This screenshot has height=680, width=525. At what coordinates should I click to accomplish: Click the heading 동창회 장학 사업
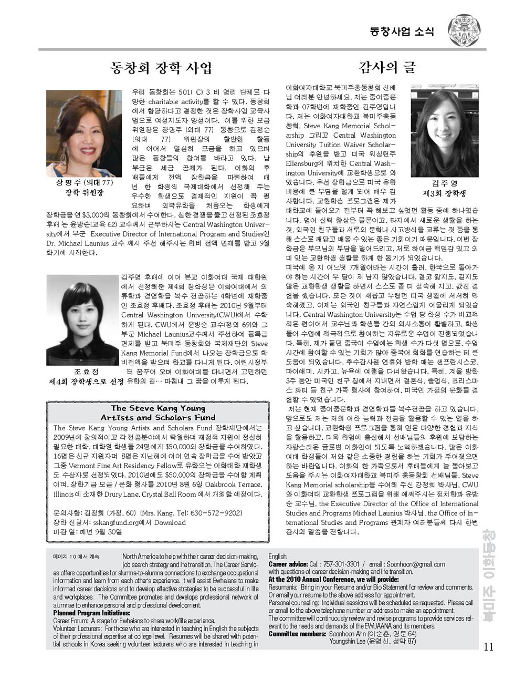[161, 67]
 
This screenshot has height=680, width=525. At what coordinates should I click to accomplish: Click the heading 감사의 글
[387, 67]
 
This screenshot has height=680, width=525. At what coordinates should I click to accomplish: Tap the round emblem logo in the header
[464, 30]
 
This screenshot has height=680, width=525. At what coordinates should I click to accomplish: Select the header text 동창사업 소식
[402, 31]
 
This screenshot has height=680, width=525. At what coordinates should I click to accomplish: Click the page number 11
[488, 647]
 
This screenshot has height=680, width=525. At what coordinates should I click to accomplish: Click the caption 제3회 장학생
[445, 193]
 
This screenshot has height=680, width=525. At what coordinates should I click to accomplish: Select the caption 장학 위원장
[84, 192]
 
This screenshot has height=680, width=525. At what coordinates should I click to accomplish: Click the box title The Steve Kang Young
[157, 408]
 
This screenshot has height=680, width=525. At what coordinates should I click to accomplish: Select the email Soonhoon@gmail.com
[419, 564]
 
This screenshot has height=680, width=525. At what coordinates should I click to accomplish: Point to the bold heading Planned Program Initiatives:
[92, 613]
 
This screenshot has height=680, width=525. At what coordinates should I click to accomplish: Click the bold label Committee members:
[297, 634]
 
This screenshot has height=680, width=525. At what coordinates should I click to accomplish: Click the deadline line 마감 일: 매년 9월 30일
[88, 532]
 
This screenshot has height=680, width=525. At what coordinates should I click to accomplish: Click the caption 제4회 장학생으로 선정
[86, 381]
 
